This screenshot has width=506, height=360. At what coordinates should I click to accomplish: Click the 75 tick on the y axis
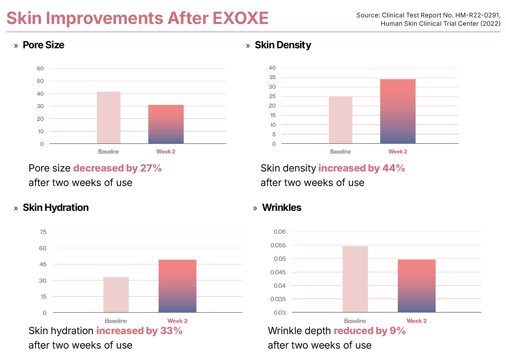[43, 232]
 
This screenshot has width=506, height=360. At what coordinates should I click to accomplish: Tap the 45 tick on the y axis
[43, 264]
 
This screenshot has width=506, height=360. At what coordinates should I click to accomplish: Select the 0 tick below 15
[44, 313]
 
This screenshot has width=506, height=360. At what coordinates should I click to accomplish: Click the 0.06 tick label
[279, 232]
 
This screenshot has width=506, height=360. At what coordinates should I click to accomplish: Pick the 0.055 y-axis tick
[278, 245]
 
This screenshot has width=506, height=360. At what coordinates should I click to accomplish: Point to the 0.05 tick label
[279, 259]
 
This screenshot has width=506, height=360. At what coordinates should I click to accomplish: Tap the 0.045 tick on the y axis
[278, 272]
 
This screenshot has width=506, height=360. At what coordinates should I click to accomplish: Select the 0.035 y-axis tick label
[278, 299]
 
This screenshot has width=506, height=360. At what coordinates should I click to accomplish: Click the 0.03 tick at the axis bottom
[279, 313]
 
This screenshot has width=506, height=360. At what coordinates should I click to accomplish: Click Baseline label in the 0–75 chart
[116, 321]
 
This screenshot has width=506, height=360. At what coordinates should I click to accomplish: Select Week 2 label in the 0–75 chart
[177, 321]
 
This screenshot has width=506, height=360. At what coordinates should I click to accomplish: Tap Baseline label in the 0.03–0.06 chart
[355, 321]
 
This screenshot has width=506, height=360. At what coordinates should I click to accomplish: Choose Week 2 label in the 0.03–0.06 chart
[417, 321]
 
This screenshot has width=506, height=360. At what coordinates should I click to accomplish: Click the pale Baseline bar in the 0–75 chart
[116, 294]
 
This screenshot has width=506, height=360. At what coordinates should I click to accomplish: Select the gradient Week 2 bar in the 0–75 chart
[177, 285]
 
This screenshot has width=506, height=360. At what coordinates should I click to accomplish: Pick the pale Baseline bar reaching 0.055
[355, 279]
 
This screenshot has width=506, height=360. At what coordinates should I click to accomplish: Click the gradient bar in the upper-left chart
[166, 121]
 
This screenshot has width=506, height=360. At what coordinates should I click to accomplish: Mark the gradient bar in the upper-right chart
[398, 111]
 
